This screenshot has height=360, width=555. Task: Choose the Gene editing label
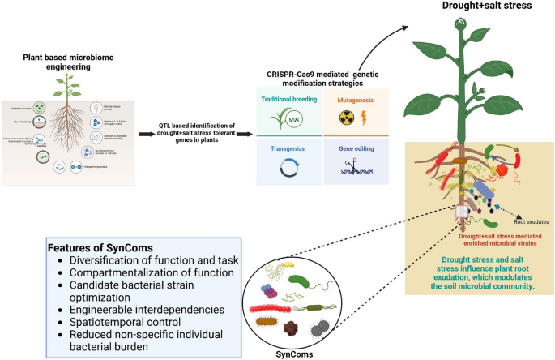point(355,149)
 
